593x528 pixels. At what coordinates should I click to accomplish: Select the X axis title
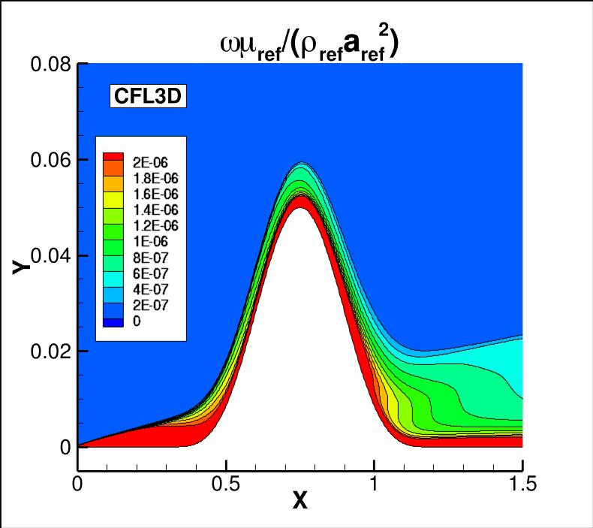pos(300,502)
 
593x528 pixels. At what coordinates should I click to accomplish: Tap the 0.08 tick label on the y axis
pos(50,65)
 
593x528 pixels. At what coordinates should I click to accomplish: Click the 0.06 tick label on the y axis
pos(50,160)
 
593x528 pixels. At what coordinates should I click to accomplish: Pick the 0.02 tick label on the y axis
pos(50,351)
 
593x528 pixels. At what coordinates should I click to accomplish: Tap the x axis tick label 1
pos(374,484)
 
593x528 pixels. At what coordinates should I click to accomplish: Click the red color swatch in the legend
pos(112,158)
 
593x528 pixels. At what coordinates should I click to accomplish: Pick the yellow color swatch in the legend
pos(112,199)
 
